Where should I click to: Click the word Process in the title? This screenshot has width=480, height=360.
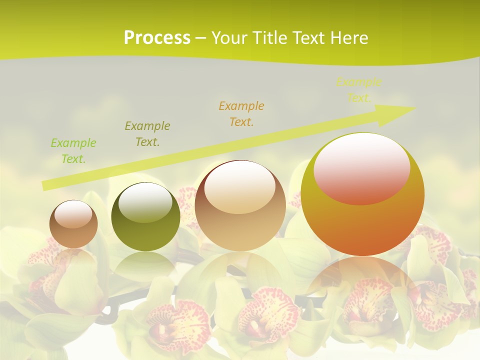pyautogui.click(x=157, y=38)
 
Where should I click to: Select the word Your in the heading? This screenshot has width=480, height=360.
pyautogui.click(x=230, y=38)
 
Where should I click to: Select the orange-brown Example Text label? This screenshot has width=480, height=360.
pyautogui.click(x=241, y=113)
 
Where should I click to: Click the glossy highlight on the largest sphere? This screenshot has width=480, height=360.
pyautogui.click(x=361, y=167)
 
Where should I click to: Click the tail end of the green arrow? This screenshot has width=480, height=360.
pyautogui.click(x=45, y=185)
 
